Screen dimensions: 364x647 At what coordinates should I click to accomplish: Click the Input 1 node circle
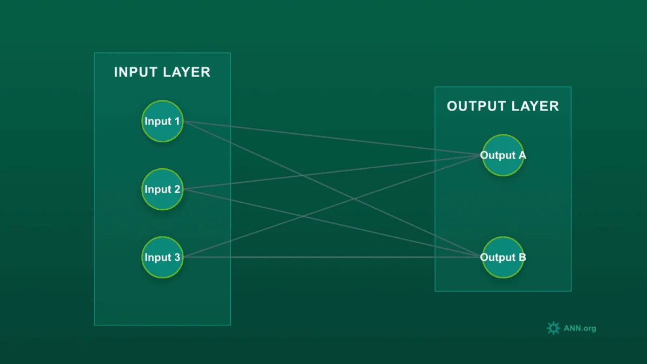coord(162,121)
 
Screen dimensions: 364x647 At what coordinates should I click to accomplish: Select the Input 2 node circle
coord(162,189)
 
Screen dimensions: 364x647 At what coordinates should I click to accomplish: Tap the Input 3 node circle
coord(162,257)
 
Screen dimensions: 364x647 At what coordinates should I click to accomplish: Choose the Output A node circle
coord(503,155)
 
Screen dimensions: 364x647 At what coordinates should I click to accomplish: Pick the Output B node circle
coord(503,257)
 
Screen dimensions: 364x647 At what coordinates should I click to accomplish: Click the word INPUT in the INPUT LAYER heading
coord(135,72)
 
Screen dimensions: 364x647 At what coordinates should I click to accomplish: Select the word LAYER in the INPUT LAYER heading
coord(186,72)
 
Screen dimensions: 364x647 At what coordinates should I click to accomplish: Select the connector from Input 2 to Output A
coord(243,183)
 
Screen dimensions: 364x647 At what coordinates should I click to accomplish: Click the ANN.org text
coord(580,328)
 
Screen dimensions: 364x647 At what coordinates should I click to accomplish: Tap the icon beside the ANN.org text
coord(553,328)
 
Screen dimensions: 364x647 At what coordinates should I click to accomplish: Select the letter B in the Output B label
coord(522,257)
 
